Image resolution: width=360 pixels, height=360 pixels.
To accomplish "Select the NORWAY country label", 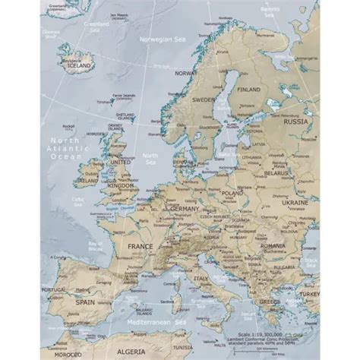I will [185, 74].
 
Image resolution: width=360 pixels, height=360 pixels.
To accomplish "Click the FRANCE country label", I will [141, 246].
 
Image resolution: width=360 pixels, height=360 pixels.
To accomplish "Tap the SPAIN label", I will [91, 302].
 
